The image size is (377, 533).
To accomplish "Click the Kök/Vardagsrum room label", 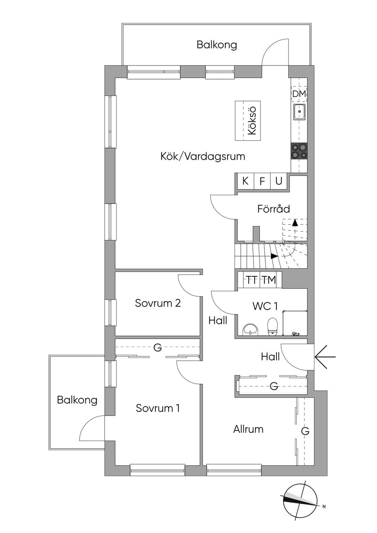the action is [203, 156].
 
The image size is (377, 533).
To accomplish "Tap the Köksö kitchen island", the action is [247, 121].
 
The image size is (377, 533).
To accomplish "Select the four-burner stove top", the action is [299, 151].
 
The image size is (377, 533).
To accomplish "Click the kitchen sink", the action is [299, 112].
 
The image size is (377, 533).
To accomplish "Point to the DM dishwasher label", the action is [299, 94].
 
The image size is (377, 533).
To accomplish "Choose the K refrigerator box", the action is [246, 181].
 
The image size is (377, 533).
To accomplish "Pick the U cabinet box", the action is [279, 181].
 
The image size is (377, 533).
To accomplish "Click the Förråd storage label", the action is [274, 209].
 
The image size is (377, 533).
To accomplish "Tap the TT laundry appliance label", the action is [251, 280].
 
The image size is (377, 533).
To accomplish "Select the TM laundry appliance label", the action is [269, 280].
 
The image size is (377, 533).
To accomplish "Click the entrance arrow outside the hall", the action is [325, 357].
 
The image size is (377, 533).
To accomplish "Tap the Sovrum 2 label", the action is [158, 303].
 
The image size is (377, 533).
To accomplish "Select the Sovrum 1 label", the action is [158, 408].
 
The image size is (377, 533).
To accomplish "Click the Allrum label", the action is [248, 429].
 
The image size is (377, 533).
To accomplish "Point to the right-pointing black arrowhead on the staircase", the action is [274, 256].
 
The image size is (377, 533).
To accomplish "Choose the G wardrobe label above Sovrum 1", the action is [158, 347].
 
